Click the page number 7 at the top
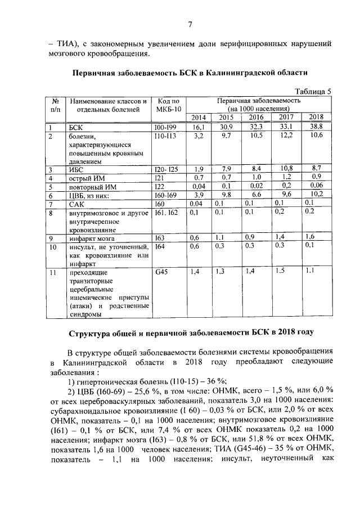point(190,24)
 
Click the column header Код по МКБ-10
point(168,105)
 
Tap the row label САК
point(76,203)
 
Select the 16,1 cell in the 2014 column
point(197,128)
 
